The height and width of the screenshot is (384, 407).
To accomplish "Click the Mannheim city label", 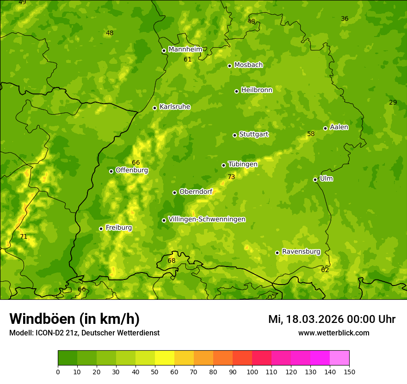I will [185, 50].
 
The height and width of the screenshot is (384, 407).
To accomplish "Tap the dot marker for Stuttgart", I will [234, 135].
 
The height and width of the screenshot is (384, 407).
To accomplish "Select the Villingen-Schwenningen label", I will [207, 219].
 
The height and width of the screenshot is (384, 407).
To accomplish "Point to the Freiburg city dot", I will [101, 229].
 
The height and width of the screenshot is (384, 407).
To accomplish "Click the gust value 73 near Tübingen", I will [231, 177].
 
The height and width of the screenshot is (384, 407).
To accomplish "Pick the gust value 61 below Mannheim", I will [187, 60].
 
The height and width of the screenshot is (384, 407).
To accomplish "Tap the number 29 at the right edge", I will [393, 102].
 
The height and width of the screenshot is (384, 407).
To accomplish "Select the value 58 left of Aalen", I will [311, 134].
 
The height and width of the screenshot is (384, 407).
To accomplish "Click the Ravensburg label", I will [301, 252].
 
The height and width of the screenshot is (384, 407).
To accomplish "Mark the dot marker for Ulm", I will [315, 180].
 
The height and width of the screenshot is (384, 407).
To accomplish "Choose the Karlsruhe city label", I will [175, 107].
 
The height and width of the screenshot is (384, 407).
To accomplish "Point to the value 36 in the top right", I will [345, 19].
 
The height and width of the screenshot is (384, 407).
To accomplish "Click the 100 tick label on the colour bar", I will [252, 372].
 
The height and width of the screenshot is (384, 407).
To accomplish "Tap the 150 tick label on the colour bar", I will [349, 372].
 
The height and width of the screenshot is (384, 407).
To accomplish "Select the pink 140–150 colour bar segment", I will [339, 358].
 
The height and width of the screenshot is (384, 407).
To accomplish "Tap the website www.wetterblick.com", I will [333, 333].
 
